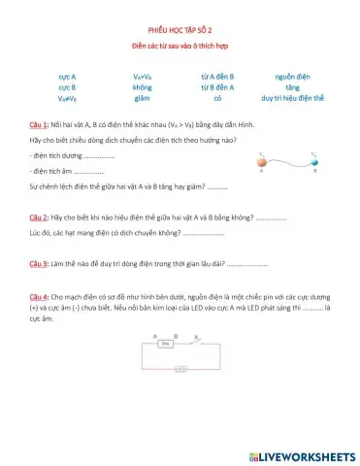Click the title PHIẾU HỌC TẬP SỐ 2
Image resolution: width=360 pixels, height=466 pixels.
[x=180, y=31]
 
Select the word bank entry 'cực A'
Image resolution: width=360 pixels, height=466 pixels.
[x=67, y=75]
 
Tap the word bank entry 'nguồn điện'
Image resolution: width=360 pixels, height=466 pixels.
[x=291, y=75]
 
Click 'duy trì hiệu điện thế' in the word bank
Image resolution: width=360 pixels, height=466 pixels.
[x=291, y=98]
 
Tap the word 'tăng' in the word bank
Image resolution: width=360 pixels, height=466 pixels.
[x=291, y=86]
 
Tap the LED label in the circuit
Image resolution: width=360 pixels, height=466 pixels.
[x=180, y=369]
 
